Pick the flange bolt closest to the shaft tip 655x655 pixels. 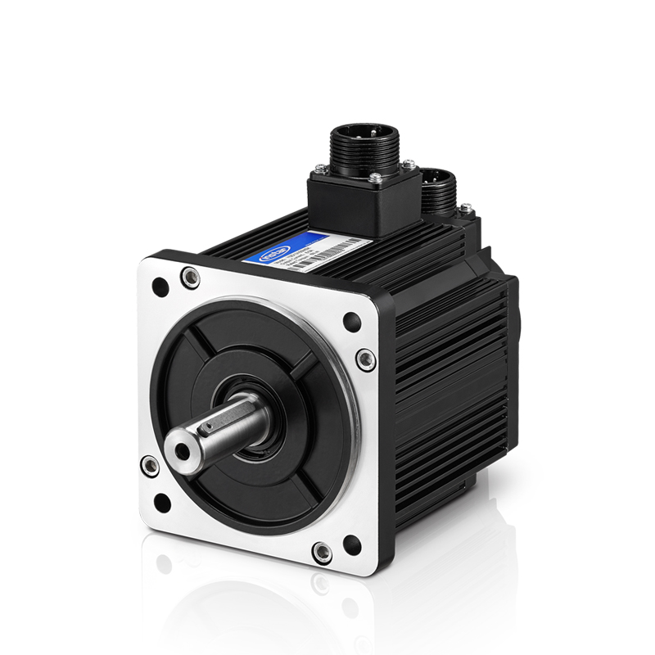[x=149, y=466]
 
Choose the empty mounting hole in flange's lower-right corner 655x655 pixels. [x=352, y=543]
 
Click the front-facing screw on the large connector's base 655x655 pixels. [x=375, y=178]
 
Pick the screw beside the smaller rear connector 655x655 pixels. [x=465, y=210]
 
